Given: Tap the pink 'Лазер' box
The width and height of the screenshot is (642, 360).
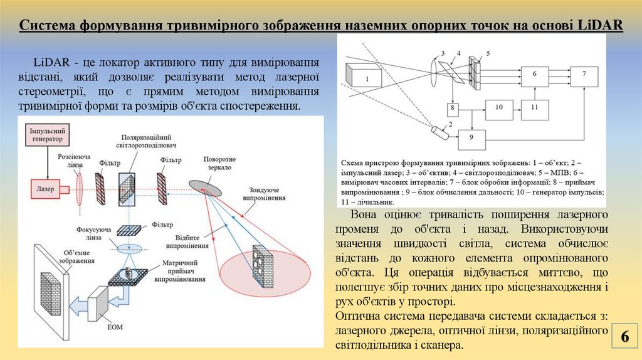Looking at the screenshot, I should [45, 187].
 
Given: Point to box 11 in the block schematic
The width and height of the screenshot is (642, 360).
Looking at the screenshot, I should [534, 109].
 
